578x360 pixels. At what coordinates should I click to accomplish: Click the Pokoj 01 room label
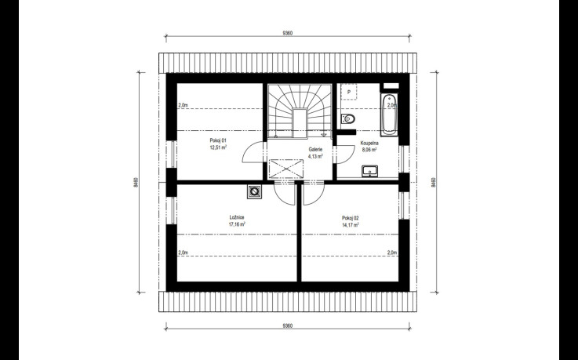tap(218, 140)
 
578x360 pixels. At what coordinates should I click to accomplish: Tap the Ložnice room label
tap(237, 217)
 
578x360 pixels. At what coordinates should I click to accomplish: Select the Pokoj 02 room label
tap(351, 218)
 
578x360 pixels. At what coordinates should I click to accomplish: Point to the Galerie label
tap(315, 150)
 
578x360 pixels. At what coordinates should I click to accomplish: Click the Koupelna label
tap(369, 143)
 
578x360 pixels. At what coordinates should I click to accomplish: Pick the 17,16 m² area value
tap(237, 224)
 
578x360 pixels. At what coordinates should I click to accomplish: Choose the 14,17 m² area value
tap(351, 224)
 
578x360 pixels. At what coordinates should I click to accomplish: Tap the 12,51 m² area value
tap(218, 147)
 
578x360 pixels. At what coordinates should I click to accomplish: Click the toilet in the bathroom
tap(348, 119)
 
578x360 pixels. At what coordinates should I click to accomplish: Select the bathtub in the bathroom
tap(389, 115)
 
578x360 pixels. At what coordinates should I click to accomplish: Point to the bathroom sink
tap(369, 171)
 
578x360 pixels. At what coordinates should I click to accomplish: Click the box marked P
tap(349, 92)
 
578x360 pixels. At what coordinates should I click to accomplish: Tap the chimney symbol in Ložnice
tap(254, 191)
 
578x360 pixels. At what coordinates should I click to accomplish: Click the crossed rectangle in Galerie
tap(287, 169)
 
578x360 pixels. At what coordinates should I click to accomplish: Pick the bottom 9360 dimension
tap(288, 325)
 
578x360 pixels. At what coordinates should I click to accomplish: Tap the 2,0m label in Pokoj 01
tap(184, 105)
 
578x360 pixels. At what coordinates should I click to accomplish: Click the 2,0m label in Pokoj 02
tap(392, 253)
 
